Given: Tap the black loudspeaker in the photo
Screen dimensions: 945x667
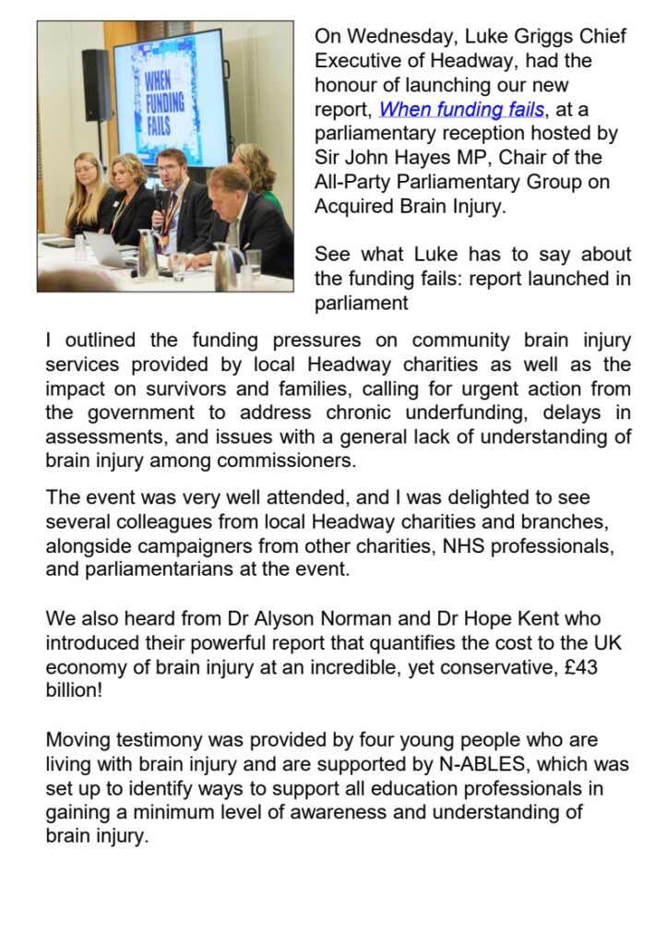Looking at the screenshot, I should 95,85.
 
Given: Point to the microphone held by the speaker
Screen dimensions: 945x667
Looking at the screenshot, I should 161,200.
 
